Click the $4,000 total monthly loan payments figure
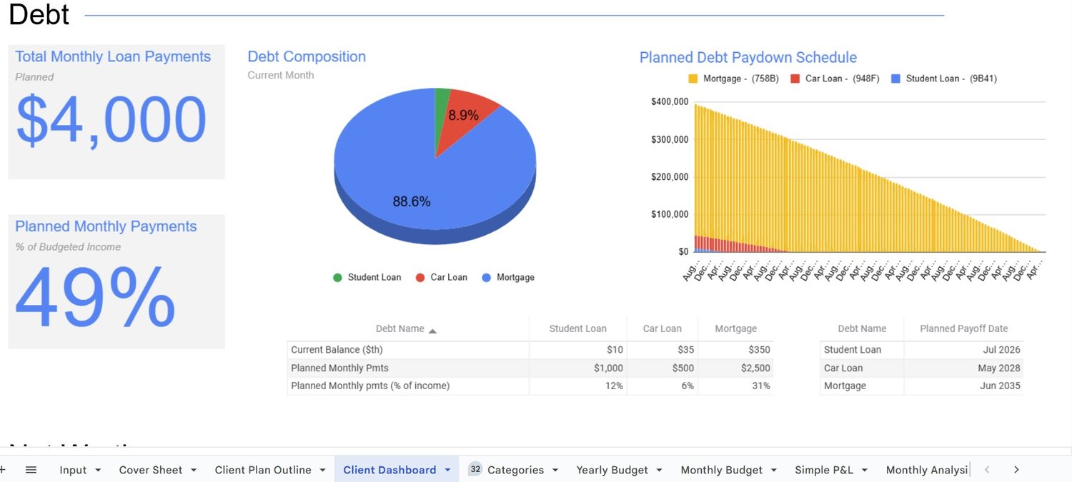click(111, 120)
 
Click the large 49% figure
click(95, 297)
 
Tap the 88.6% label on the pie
click(412, 202)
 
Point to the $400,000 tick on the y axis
click(670, 101)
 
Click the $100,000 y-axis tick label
click(670, 214)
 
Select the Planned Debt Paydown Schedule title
click(748, 57)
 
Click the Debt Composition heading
click(307, 56)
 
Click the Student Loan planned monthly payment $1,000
click(608, 368)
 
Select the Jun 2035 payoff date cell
click(1001, 386)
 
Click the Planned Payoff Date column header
click(963, 328)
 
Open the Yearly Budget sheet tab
click(612, 470)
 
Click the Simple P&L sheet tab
click(823, 470)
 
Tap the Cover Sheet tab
click(150, 470)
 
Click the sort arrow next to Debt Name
click(432, 330)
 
